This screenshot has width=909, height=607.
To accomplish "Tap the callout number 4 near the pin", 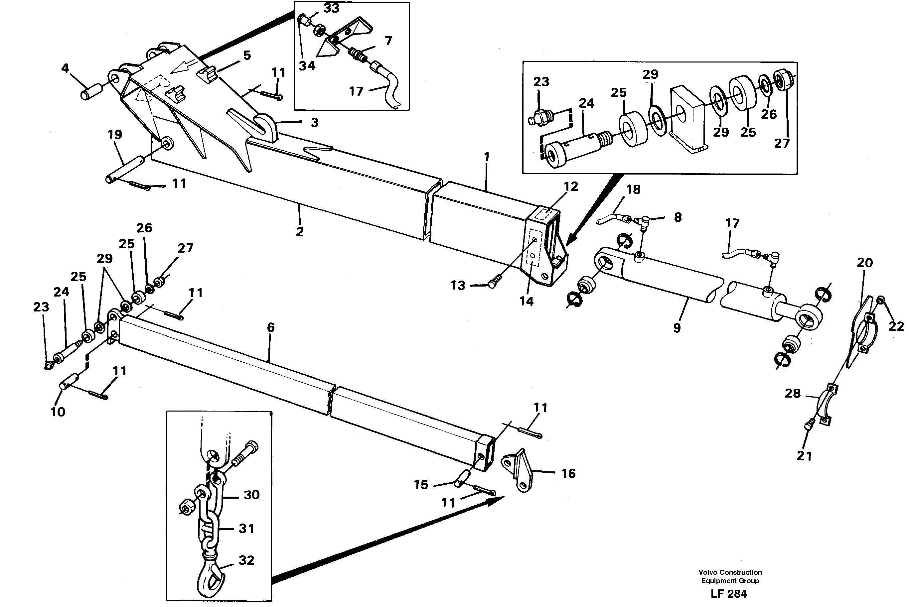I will point(65,68).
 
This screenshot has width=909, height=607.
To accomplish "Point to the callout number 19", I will point(115,135).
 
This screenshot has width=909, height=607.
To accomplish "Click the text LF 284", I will point(729,593).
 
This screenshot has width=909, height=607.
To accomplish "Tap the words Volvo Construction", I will point(730,572).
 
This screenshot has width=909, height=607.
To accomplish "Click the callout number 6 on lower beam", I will point(271,327).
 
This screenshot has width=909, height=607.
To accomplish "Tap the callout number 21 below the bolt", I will point(804,456).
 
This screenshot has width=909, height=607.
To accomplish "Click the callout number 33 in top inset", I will point(332,8).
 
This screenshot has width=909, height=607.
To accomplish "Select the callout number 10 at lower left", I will point(58,412).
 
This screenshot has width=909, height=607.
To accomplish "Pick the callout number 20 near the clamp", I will point(864,263).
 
